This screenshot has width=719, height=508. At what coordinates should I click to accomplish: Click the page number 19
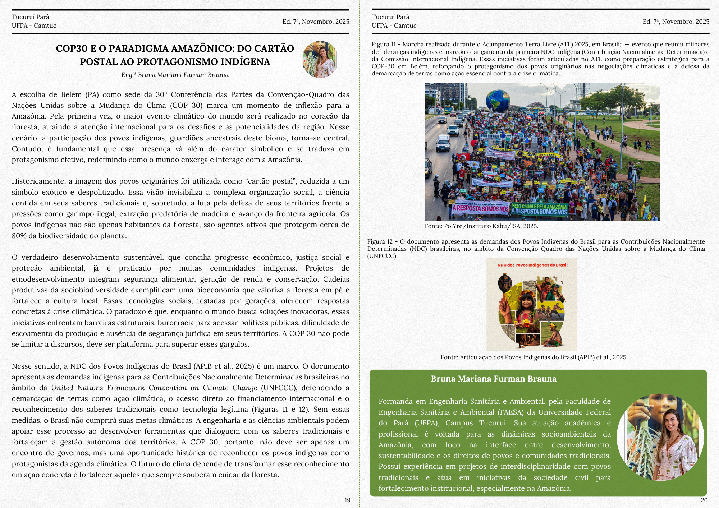[347, 500]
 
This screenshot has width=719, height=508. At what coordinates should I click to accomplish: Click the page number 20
[704, 500]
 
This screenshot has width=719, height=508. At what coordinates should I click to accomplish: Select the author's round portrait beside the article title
[320, 59]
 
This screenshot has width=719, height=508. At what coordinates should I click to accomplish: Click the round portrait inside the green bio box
[661, 437]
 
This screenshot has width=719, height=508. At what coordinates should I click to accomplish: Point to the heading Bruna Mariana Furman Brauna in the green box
[493, 379]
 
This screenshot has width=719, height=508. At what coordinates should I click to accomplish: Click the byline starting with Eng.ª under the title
[175, 75]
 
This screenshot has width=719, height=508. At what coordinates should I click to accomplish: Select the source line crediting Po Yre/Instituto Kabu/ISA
[481, 226]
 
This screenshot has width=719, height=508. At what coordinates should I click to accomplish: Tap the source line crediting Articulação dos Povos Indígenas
[533, 357]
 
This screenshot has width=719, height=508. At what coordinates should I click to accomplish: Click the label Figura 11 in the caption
[384, 45]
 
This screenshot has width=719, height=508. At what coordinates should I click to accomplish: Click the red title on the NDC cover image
[532, 265]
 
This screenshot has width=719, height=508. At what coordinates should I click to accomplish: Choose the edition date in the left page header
[316, 22]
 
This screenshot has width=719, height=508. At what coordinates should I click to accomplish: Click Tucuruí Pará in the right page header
[390, 17]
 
